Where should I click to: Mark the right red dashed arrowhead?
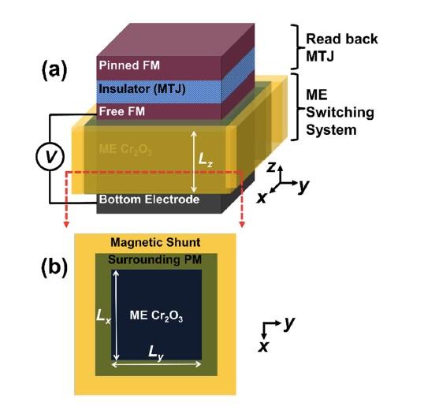[241, 226]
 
